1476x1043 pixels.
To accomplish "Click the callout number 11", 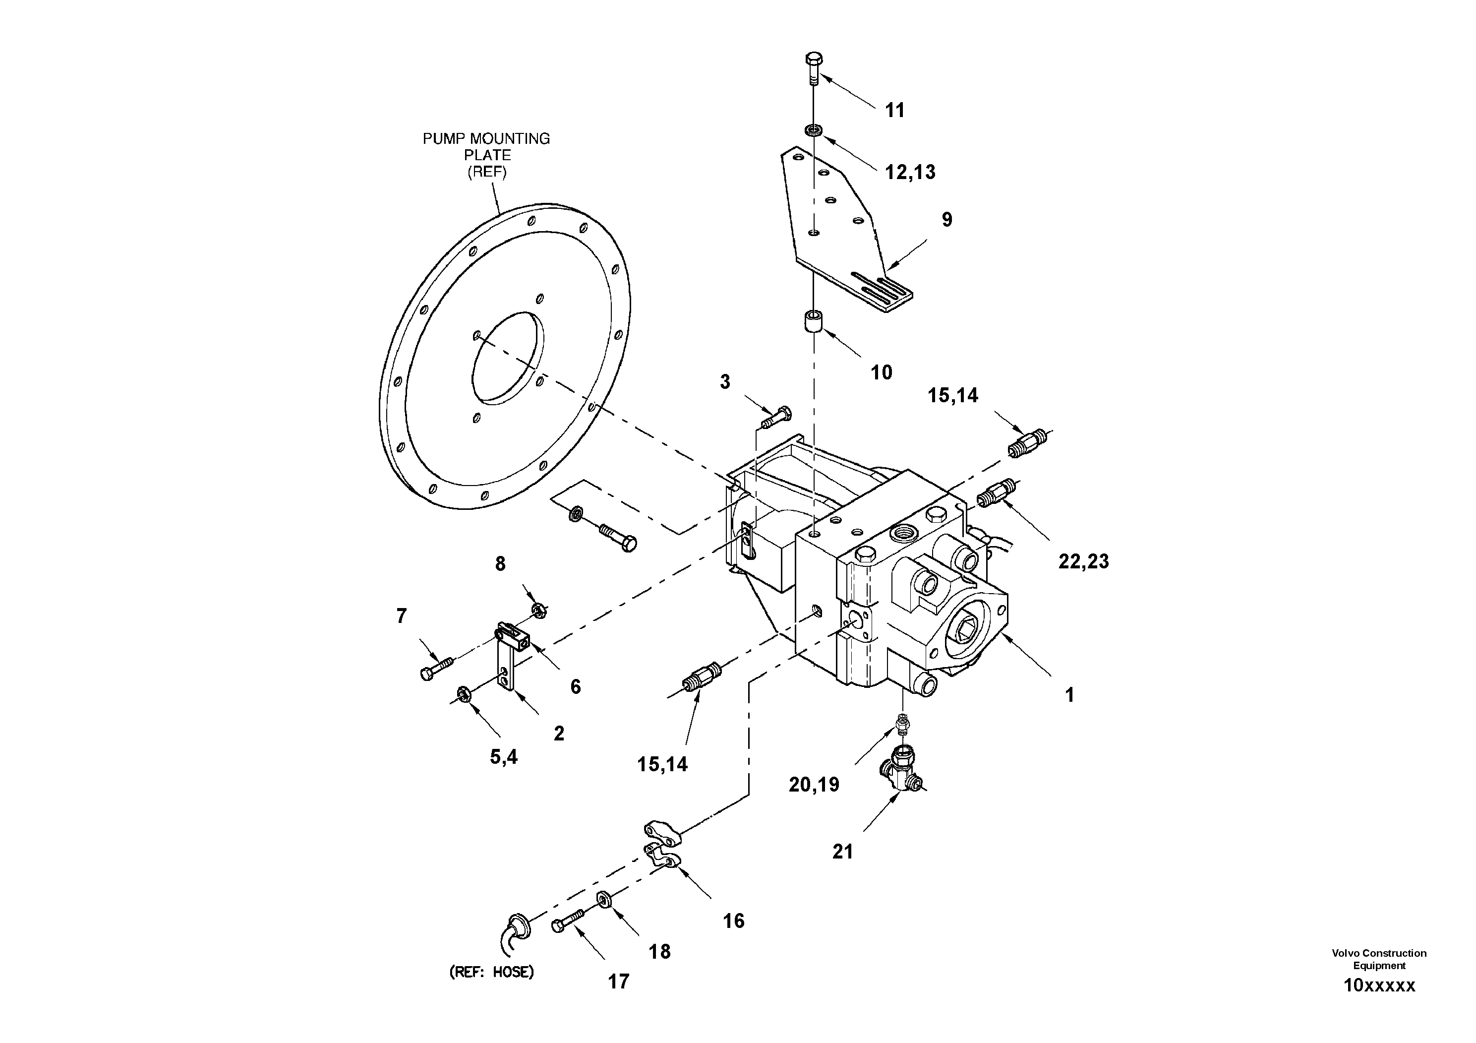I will pos(894,111).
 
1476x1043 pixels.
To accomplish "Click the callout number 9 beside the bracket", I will pos(947,220).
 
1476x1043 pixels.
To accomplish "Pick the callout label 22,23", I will pos(1083,561).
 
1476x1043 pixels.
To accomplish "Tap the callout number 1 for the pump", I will pos(1070,695).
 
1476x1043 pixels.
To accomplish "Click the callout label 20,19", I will pos(814,785).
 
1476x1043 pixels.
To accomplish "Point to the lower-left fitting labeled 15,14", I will pos(701,677).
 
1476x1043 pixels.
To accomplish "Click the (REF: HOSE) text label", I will pos(492,972).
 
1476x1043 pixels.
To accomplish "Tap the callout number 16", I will pos(733,921).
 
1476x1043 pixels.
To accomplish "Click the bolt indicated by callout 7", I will pos(436,667).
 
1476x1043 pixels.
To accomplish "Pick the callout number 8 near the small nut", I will pos(500,564).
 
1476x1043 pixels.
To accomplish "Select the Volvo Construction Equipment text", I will pos(1379,959).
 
